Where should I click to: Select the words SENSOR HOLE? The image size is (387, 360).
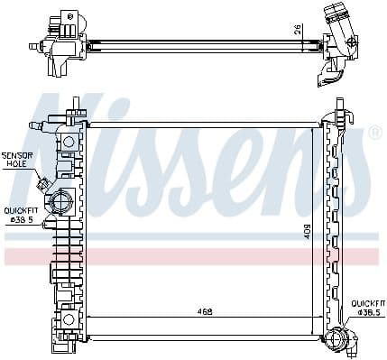(x=17, y=160)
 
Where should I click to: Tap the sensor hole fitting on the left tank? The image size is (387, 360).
(x=42, y=184)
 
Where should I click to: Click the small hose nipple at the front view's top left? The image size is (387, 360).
(x=35, y=125)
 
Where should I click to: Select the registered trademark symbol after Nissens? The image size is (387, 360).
(x=374, y=132)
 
